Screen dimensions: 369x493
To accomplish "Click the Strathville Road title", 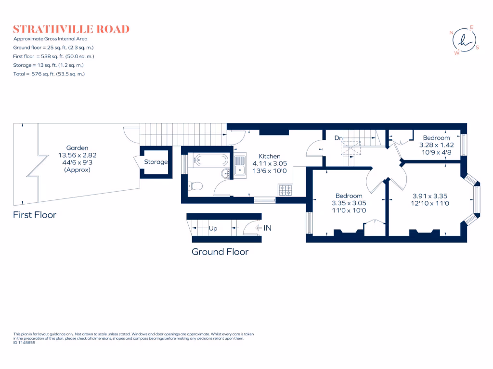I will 71,29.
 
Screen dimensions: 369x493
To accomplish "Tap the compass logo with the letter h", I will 464,40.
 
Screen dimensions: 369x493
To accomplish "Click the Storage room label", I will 156,162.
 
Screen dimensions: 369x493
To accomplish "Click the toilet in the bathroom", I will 194,185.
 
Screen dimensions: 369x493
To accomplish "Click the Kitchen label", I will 270,156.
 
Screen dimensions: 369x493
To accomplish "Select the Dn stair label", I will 338,138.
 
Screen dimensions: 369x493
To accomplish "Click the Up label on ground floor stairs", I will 213,229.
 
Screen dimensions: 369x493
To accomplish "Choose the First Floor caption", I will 35,215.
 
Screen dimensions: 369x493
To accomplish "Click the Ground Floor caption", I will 220,252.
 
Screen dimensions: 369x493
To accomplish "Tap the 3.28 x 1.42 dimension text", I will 436,145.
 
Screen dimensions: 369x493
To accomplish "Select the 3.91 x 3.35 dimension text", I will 430,196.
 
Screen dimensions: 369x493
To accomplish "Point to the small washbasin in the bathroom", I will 225,173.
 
